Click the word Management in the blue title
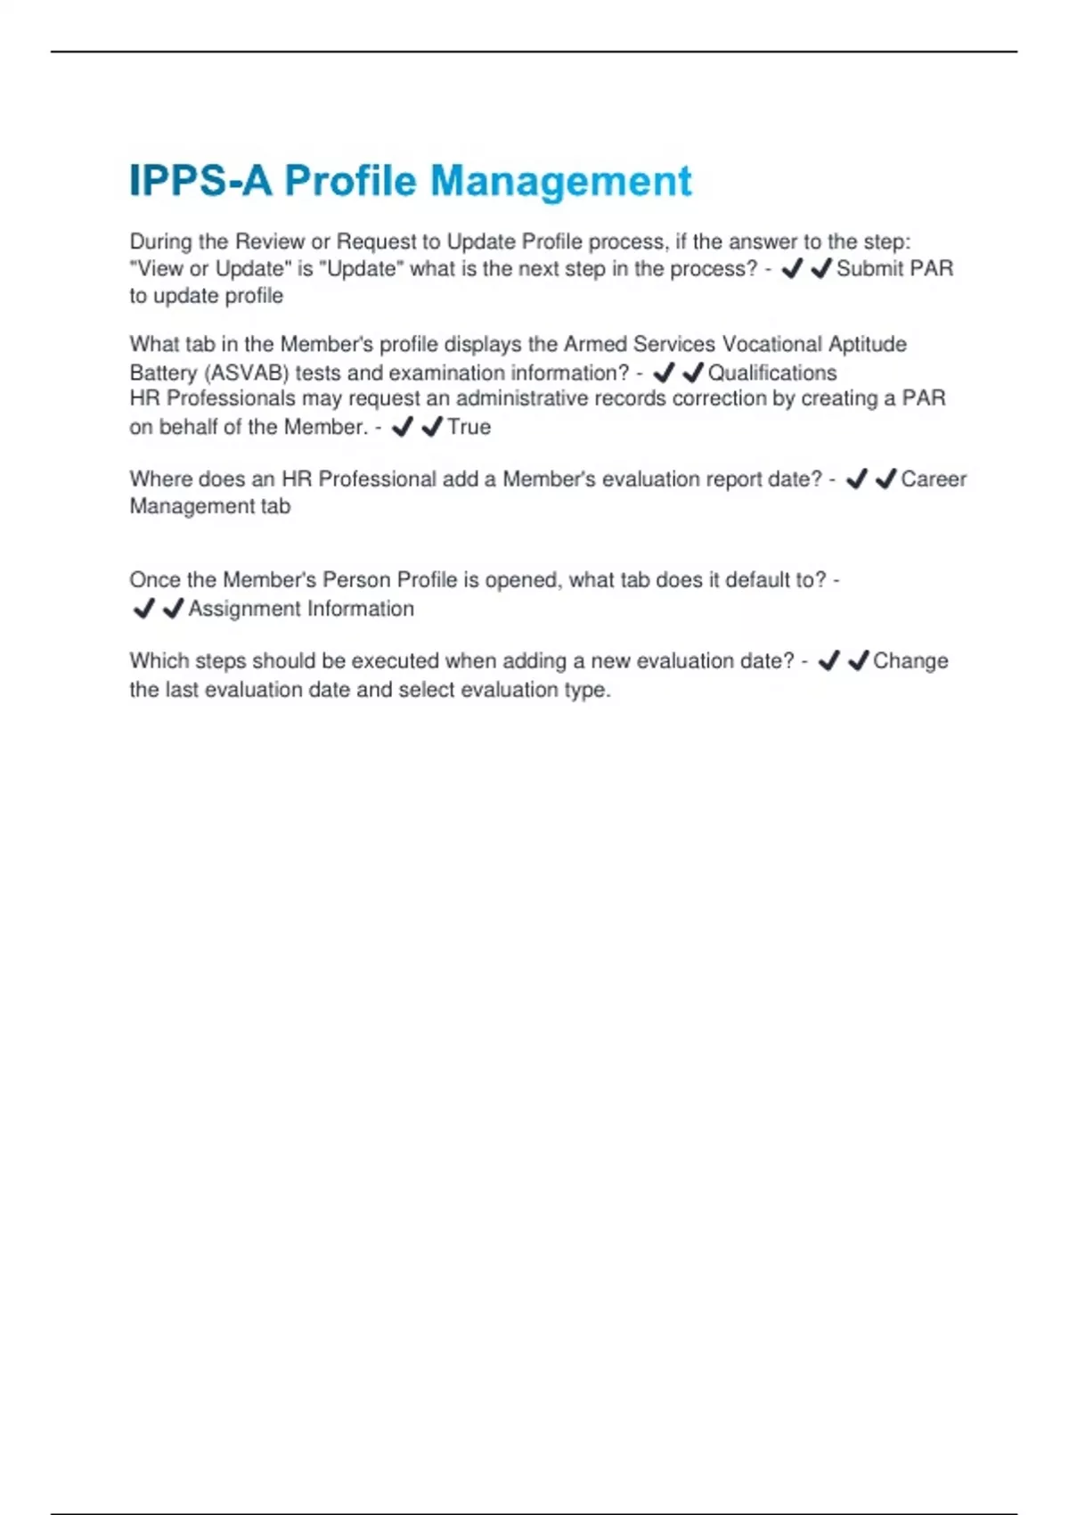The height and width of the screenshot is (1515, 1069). point(560,182)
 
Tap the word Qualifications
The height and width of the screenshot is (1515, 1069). point(772,373)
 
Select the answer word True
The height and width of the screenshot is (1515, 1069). point(469,427)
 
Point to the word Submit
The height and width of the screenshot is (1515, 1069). point(868,268)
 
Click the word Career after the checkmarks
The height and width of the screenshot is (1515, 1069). point(933,479)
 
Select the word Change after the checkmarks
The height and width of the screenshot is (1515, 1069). point(910,660)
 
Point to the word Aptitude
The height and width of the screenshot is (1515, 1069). point(867,344)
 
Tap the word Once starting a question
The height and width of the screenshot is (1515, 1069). point(154,580)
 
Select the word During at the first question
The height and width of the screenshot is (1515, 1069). point(160,242)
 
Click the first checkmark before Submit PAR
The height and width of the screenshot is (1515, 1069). point(791,268)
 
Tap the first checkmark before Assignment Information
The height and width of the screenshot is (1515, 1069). point(143,609)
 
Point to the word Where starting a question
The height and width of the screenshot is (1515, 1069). point(159,479)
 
